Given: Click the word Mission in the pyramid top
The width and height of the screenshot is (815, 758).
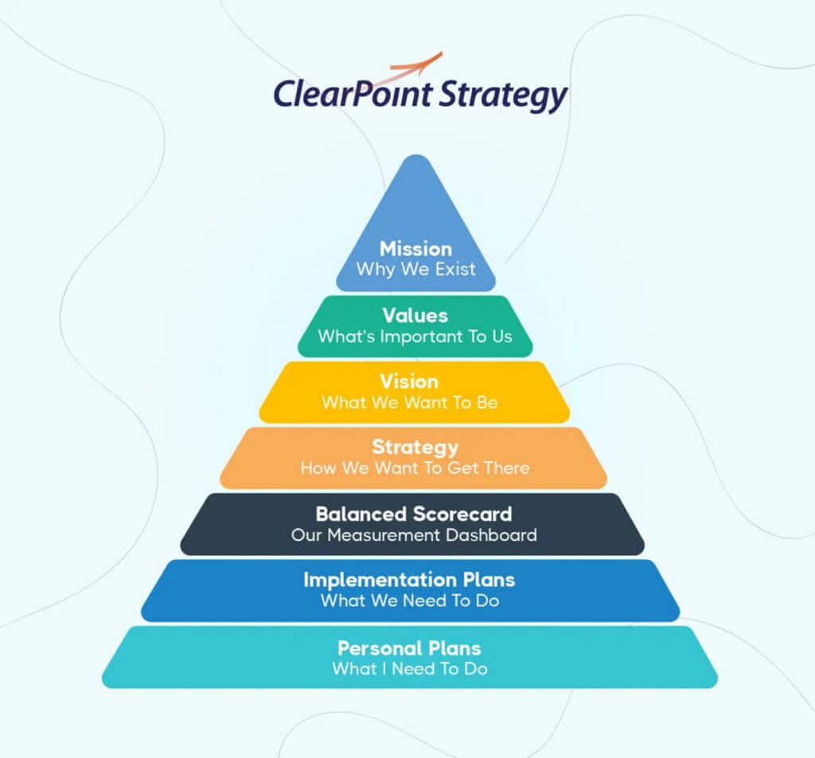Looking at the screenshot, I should (415, 248).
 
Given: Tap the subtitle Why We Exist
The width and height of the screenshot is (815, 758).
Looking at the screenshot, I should (415, 269).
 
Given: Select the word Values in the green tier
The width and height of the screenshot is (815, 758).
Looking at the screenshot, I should (415, 315).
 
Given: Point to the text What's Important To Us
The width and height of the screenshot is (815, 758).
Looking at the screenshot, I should (415, 336).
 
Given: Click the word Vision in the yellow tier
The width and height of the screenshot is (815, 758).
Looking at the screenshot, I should (409, 381).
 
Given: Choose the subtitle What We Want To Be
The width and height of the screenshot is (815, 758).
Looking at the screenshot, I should (409, 402).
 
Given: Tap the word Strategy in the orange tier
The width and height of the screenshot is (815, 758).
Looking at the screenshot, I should (415, 447).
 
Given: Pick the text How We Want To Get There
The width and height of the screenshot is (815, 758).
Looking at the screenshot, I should (415, 468).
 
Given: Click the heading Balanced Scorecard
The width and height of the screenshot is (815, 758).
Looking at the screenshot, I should (414, 513).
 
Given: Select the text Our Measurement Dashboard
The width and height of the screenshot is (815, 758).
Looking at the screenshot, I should (414, 534).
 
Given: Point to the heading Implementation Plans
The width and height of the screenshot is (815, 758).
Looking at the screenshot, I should (410, 579).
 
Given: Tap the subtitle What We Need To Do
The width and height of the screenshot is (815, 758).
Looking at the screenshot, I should (410, 601).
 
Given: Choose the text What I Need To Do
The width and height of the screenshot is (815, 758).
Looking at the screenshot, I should (409, 668).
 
